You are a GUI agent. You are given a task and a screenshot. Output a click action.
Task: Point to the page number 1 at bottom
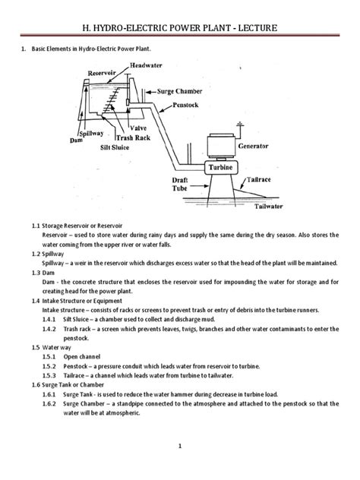180,446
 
